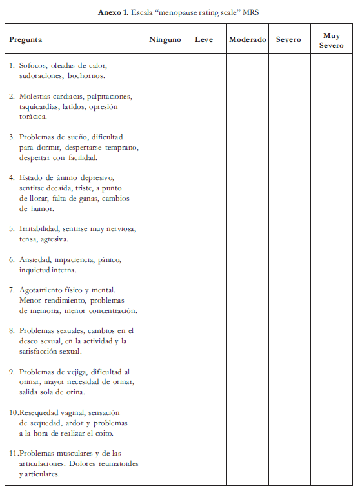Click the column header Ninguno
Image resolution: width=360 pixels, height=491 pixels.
click(x=165, y=39)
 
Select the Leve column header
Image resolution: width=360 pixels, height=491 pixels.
click(x=204, y=39)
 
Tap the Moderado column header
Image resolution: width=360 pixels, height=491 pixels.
click(x=247, y=39)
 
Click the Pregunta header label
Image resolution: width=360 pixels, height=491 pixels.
click(x=26, y=39)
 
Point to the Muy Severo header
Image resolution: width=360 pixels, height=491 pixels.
click(x=331, y=40)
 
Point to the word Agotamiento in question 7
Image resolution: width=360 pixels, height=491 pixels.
click(x=42, y=290)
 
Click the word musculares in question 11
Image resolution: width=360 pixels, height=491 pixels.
click(x=77, y=453)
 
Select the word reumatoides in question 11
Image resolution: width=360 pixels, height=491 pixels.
click(x=117, y=463)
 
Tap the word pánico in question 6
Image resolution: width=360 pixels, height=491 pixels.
click(x=108, y=259)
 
